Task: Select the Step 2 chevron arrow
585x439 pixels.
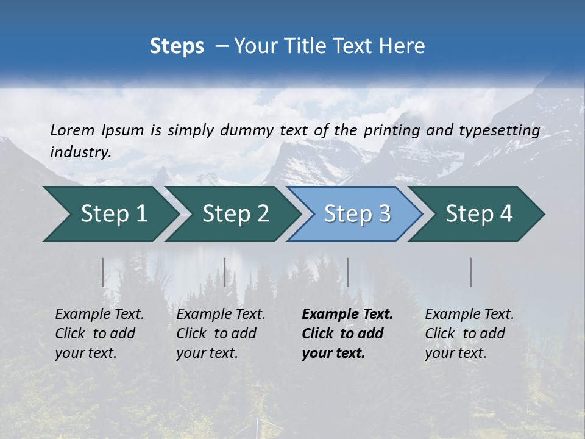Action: [x=235, y=214]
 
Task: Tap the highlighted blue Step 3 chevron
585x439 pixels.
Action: [x=356, y=214]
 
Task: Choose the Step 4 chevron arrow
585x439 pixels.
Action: [x=479, y=214]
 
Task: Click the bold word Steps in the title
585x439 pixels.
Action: [x=177, y=46]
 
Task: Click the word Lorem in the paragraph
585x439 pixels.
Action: [x=73, y=130]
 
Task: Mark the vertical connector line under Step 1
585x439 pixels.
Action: [x=103, y=272]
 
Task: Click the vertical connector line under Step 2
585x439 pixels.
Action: [x=225, y=272]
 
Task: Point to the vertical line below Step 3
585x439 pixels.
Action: [x=348, y=272]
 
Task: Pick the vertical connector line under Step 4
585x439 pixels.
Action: [x=471, y=272]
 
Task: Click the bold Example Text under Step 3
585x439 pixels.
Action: [x=347, y=315]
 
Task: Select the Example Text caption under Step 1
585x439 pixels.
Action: [x=99, y=315]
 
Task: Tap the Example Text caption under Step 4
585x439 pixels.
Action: [x=469, y=315]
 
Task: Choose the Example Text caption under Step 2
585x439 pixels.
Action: [x=221, y=315]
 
